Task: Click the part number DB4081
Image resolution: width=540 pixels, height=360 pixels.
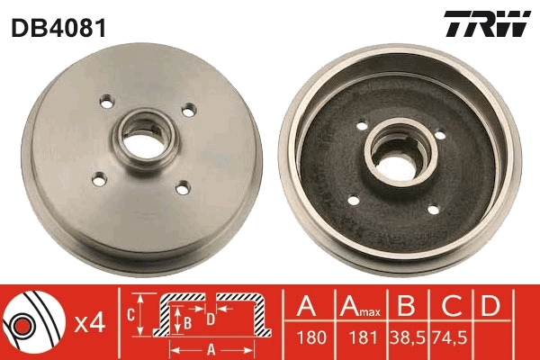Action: tap(58, 28)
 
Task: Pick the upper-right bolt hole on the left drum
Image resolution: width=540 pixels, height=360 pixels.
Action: tap(188, 111)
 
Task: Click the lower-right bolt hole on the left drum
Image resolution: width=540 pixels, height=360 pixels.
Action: tap(183, 188)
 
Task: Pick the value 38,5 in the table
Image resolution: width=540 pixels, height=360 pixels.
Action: tap(407, 341)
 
